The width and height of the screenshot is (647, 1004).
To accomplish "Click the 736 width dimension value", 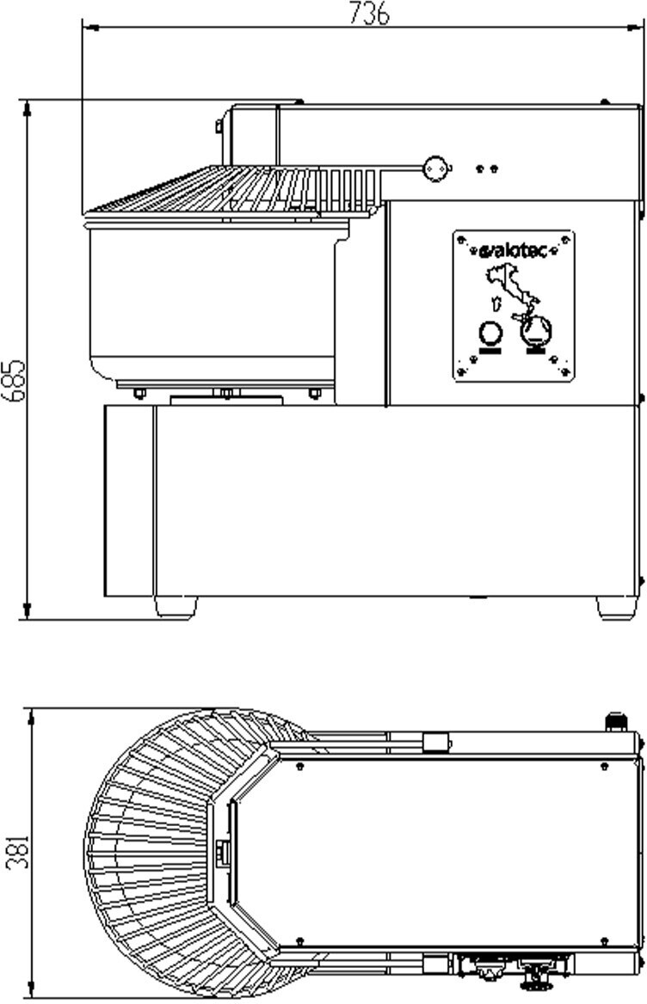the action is (x=369, y=13).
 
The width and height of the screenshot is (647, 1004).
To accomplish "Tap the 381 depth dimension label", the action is (x=16, y=851).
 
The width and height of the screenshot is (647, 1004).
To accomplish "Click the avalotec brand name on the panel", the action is (x=514, y=252).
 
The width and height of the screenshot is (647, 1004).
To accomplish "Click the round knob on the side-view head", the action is (x=436, y=168).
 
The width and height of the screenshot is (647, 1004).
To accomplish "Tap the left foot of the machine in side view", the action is (x=176, y=607).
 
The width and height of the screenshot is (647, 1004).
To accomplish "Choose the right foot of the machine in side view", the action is (x=617, y=607).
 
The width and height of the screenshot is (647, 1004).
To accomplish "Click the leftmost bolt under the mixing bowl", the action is (x=139, y=394).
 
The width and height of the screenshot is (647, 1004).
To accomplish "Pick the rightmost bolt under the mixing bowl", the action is (x=315, y=394).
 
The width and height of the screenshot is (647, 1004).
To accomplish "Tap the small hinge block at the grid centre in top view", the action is (x=224, y=852).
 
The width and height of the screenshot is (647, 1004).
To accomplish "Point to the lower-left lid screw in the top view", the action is (x=299, y=941).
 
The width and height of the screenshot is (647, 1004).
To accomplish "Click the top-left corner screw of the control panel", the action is (x=461, y=240).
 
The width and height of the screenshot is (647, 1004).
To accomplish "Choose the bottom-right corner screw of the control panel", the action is (x=565, y=372).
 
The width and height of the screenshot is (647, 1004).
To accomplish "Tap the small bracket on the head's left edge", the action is (x=219, y=127).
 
